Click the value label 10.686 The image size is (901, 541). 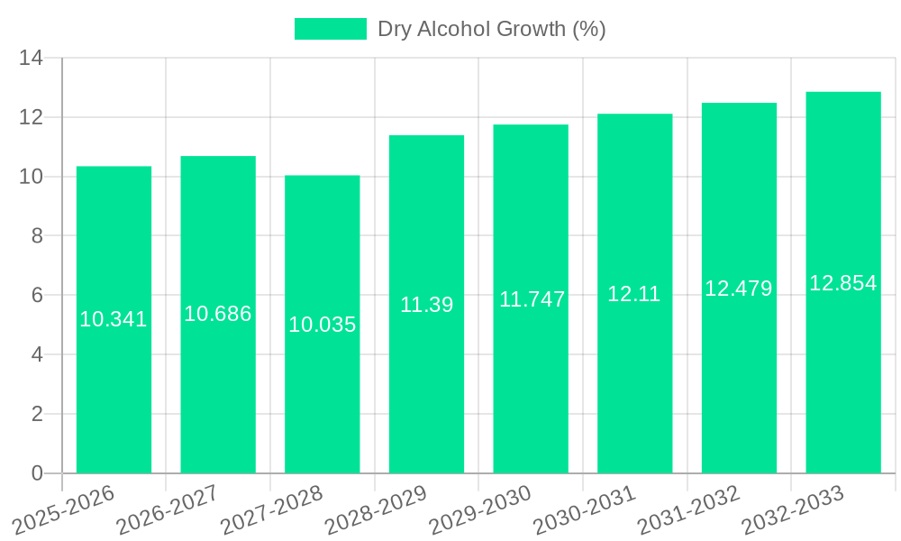pyautogui.click(x=218, y=314)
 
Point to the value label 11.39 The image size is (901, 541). pyautogui.click(x=426, y=305)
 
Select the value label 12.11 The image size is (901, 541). pyautogui.click(x=634, y=294)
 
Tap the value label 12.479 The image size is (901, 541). pyautogui.click(x=739, y=289)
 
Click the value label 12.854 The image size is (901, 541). pyautogui.click(x=843, y=283)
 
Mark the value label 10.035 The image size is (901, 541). pyautogui.click(x=322, y=325)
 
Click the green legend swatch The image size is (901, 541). pyautogui.click(x=331, y=29)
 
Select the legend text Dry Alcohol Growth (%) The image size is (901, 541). pyautogui.click(x=491, y=29)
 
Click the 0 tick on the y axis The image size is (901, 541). pyautogui.click(x=37, y=473)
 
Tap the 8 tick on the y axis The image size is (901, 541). pyautogui.click(x=37, y=236)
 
